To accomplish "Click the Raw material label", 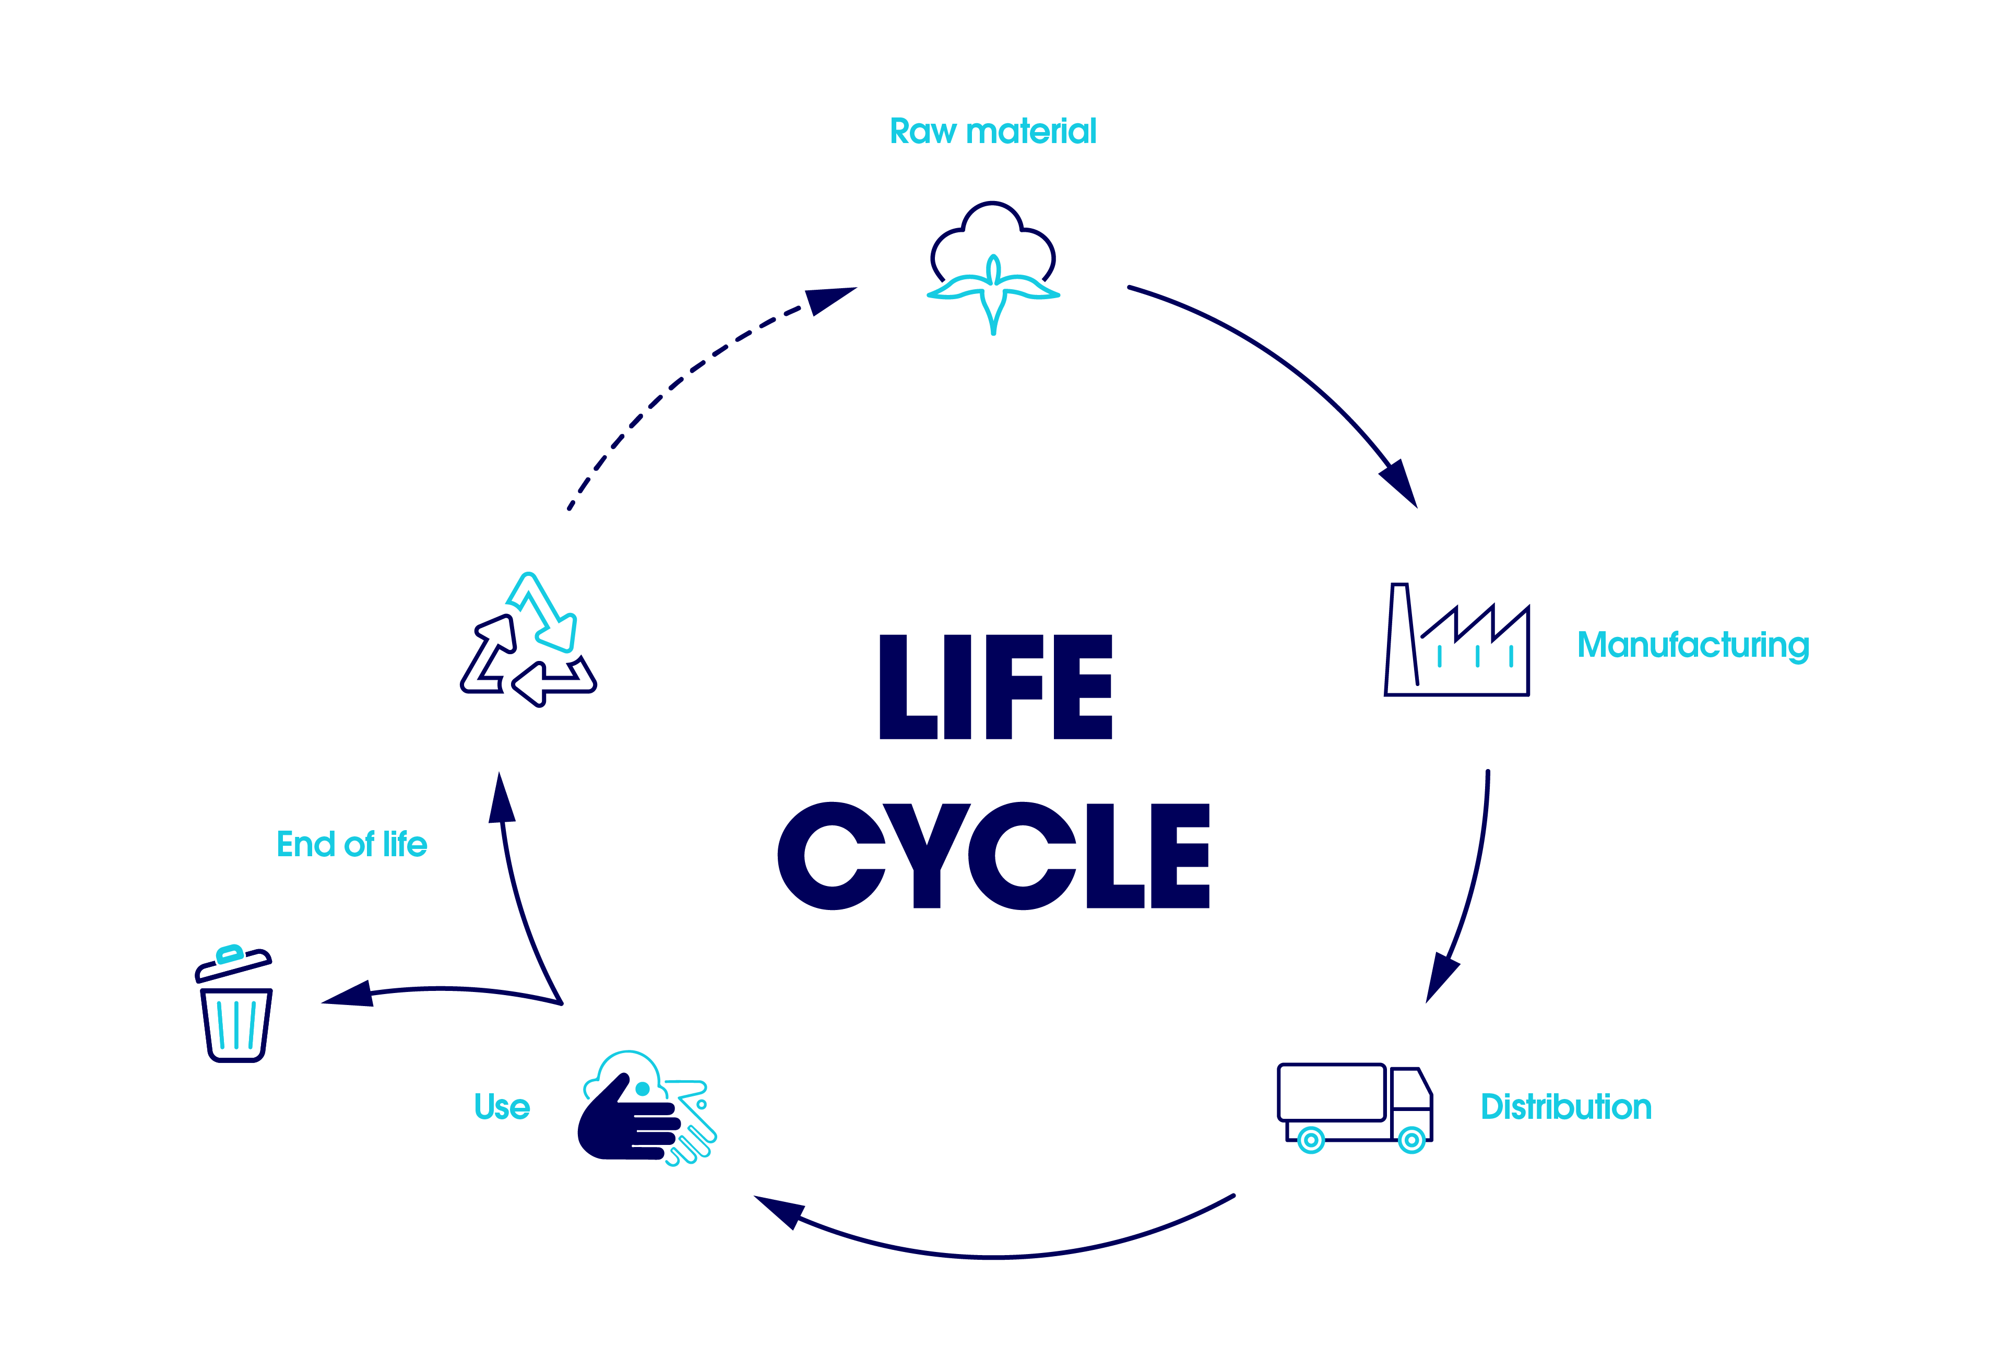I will (x=992, y=131).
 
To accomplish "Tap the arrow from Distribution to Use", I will (x=992, y=1256).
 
